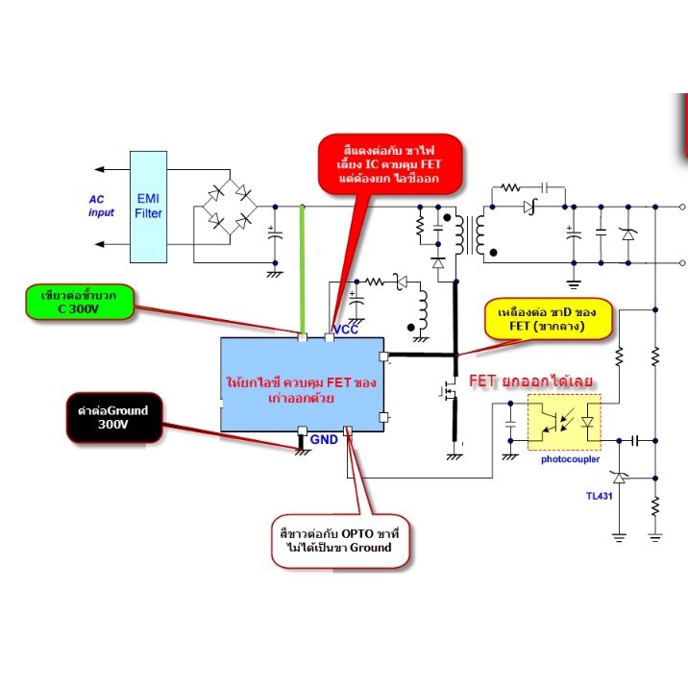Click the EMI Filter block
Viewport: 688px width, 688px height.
(x=148, y=208)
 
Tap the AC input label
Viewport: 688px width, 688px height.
(x=101, y=206)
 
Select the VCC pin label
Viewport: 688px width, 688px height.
(x=346, y=330)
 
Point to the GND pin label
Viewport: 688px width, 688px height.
(x=324, y=440)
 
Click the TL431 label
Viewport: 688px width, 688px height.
(x=599, y=496)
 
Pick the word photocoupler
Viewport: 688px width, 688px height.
(x=570, y=459)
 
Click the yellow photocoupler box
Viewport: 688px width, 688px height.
(x=564, y=422)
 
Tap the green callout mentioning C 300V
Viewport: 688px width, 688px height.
(x=80, y=302)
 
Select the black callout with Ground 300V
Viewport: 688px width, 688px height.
(x=114, y=418)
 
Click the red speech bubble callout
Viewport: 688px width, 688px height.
(x=389, y=164)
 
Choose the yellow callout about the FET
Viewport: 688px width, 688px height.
(x=548, y=319)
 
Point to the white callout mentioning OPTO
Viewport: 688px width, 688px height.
(x=340, y=541)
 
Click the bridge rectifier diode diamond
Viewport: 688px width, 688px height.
(x=230, y=207)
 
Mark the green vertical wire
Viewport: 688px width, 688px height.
(x=302, y=271)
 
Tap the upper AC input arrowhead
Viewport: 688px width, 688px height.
(x=100, y=169)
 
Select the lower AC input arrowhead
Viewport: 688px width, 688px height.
(x=100, y=244)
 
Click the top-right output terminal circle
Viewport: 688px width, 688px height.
(x=682, y=207)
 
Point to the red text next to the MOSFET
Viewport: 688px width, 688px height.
(x=530, y=381)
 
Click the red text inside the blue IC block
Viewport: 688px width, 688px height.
(x=302, y=389)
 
